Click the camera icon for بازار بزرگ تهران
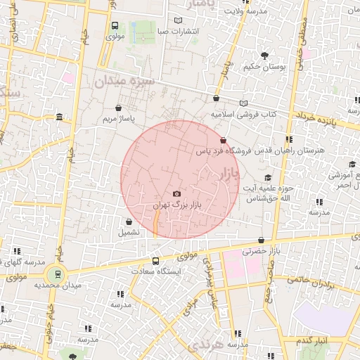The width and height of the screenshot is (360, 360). [176, 194]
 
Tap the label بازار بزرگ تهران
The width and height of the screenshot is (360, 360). [176, 205]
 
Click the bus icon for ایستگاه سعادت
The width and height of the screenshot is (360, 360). [156, 261]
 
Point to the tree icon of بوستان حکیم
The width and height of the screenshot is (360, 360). [265, 56]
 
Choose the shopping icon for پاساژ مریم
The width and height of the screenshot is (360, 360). [118, 108]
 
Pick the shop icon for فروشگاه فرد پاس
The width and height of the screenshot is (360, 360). [224, 140]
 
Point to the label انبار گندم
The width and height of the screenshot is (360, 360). [313, 340]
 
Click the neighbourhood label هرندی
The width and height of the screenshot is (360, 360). [205, 345]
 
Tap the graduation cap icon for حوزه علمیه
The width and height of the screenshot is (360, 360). [267, 179]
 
